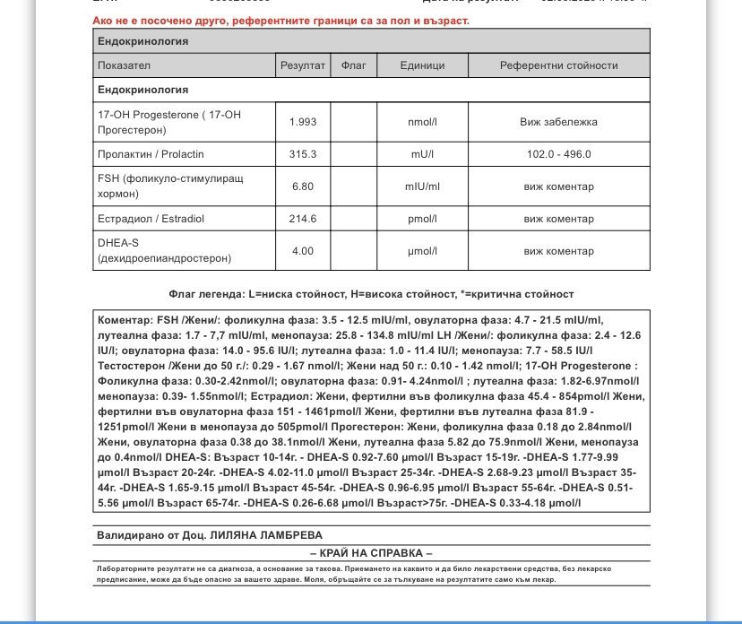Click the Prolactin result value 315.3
coord(303,154)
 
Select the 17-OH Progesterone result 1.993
coord(303,122)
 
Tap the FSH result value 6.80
coord(303,186)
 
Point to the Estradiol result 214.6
coord(303,219)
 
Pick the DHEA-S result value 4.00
coord(303,251)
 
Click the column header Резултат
coord(303,65)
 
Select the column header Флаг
coord(354,65)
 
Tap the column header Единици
coord(422,65)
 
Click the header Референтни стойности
coord(558,65)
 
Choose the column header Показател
coord(125,65)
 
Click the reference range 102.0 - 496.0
coord(558,154)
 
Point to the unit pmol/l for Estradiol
coord(422,219)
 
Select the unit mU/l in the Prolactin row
coord(422,154)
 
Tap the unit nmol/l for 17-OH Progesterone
coord(422,122)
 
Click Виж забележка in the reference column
coord(558,122)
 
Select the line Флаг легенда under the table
coord(371,294)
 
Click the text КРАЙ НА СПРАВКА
coord(371,552)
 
